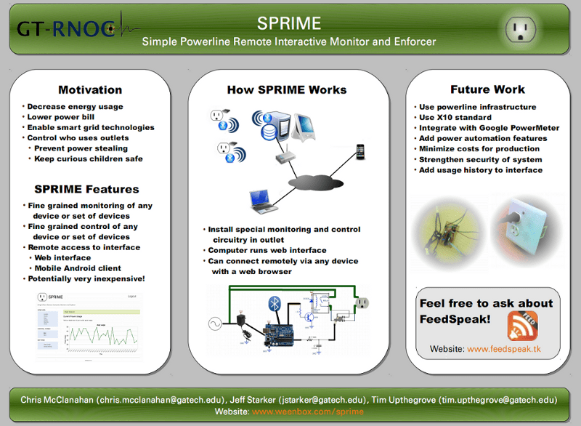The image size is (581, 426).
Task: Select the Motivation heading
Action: [90, 89]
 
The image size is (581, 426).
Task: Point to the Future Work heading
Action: [487, 89]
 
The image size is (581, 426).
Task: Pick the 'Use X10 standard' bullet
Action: [455, 117]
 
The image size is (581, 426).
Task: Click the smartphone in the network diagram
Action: [359, 151]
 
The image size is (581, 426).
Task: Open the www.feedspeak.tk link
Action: [503, 350]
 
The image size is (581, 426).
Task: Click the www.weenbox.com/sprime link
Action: [307, 411]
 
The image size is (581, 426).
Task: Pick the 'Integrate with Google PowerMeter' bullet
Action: [489, 128]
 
